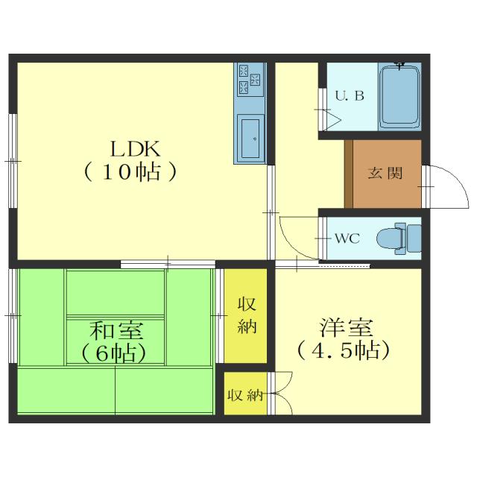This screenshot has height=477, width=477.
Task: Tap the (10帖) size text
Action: pos(131,172)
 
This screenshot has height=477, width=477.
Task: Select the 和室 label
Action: pos(117,330)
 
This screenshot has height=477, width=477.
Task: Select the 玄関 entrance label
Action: pos(385,174)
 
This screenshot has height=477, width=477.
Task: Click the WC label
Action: pos(347,239)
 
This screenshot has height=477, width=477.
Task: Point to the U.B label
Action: pos(349,96)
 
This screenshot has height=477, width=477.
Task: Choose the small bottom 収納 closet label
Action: pos(245,396)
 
